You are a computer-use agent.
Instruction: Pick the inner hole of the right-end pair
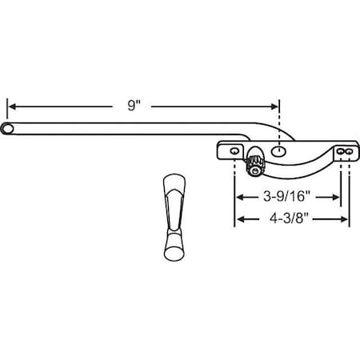point(340,150)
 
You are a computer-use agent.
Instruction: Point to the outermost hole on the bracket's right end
point(349,150)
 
